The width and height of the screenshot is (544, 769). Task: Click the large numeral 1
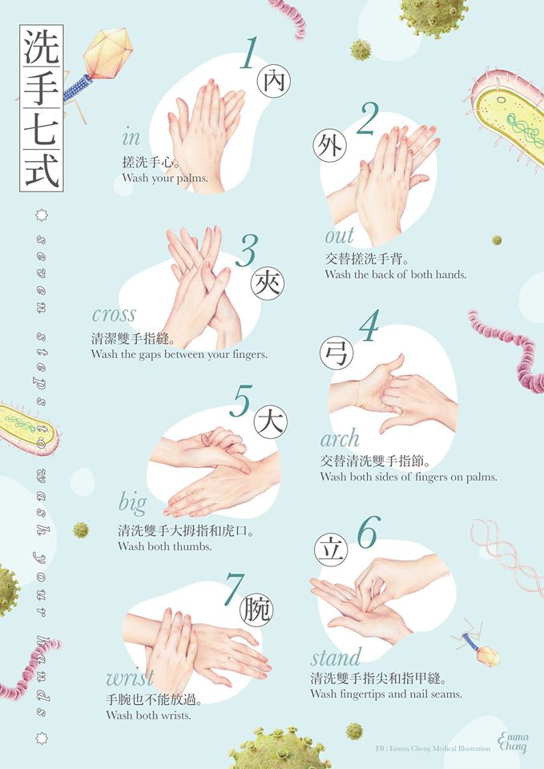coord(249,53)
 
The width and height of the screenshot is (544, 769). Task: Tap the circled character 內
coord(274,81)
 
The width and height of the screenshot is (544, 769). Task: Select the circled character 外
coord(329,146)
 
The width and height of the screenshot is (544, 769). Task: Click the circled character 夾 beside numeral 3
coord(268,284)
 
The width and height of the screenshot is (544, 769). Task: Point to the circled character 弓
coord(336,353)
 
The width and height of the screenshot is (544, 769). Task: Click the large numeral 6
coord(369,533)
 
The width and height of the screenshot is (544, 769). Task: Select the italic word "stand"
coord(336,657)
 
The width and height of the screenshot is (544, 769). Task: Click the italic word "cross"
coord(114,314)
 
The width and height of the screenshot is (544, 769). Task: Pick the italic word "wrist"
coord(130,678)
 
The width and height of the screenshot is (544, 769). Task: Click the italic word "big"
coord(132,504)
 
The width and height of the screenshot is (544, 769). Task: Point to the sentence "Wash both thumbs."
coord(165,546)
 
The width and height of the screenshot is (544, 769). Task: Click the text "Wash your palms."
coord(165,178)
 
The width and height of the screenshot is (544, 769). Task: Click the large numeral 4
coord(369,326)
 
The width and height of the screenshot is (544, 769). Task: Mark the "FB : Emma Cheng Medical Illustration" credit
coord(433,748)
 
